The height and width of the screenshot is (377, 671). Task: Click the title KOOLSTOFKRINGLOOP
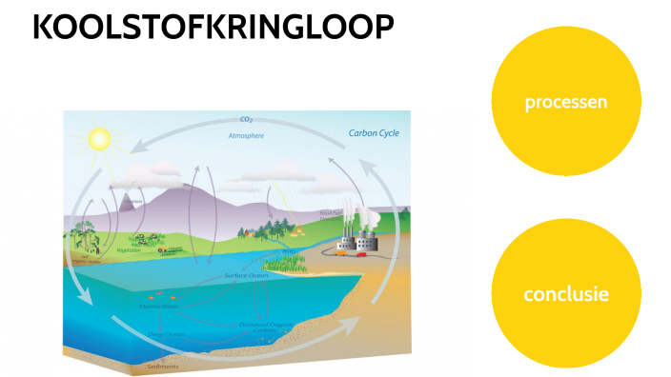coord(213,29)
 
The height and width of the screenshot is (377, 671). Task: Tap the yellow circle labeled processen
coord(565,102)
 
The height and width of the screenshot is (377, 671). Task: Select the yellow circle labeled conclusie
coord(565,294)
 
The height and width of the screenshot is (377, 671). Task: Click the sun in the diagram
coord(98,140)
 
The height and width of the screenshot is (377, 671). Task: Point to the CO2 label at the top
coord(246,121)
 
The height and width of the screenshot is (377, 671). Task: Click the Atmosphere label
coord(246,136)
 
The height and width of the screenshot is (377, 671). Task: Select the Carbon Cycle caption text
coord(374,133)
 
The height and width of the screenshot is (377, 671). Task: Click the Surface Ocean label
coord(246,276)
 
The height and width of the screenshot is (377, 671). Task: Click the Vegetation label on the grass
coord(129,250)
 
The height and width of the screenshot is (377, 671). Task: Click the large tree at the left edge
coord(86,238)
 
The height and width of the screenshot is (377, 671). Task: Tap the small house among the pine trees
coord(250,231)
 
